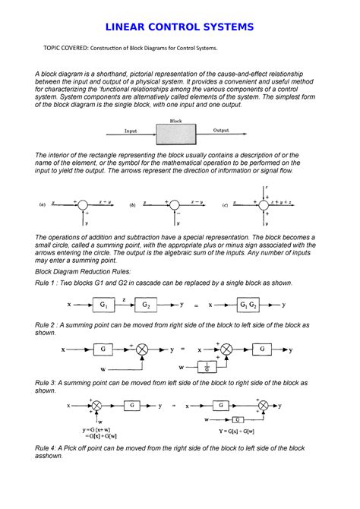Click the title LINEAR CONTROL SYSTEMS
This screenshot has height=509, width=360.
(179, 28)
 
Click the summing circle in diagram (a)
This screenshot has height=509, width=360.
(85, 204)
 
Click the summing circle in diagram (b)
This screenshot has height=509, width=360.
(175, 204)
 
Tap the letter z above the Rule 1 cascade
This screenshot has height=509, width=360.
(125, 299)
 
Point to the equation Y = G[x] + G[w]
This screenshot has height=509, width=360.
(246, 448)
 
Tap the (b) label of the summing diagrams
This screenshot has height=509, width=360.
(132, 205)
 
